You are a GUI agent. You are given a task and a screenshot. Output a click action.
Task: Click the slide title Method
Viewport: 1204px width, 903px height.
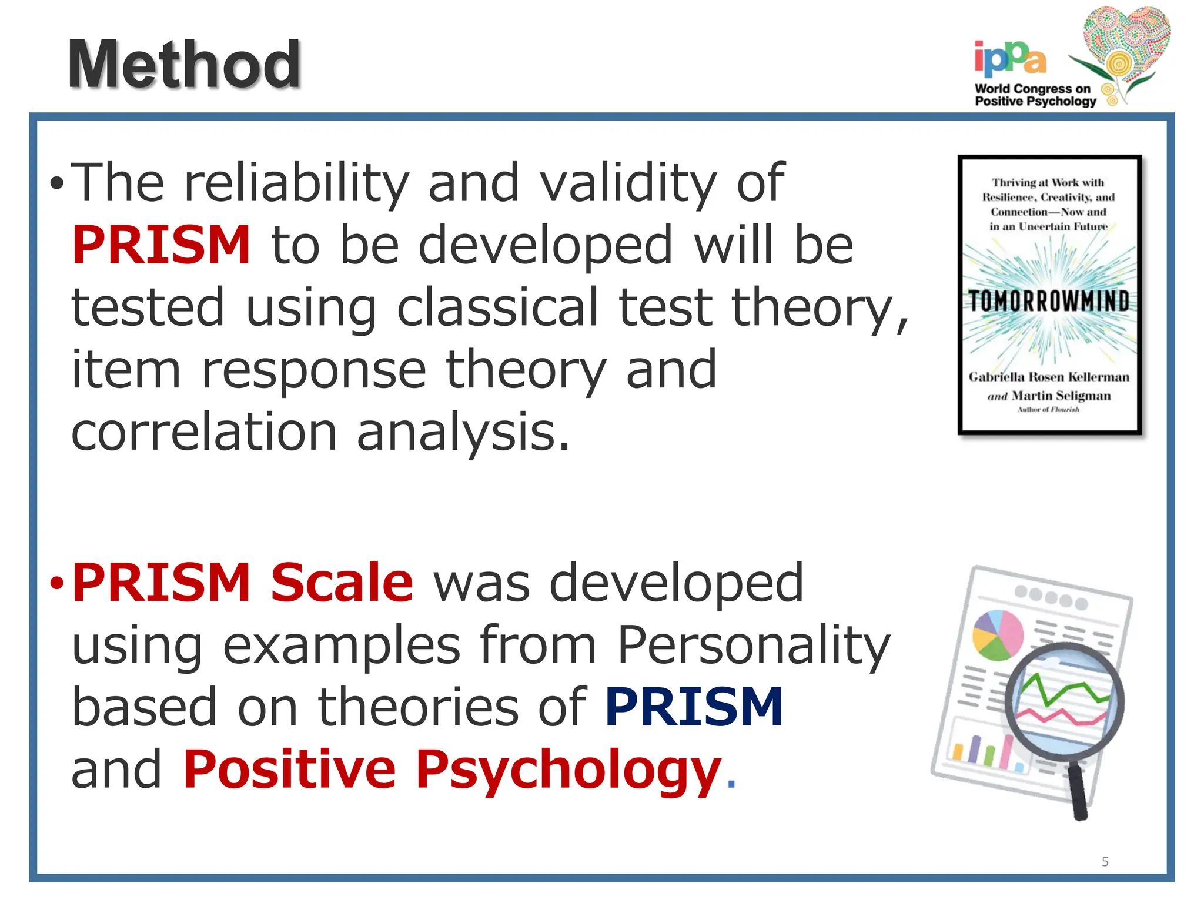coord(184,65)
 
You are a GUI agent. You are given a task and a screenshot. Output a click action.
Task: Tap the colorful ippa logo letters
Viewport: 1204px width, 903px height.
coord(1009,59)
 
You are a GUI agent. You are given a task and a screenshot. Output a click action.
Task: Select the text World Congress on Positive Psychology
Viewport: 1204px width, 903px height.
coord(1035,95)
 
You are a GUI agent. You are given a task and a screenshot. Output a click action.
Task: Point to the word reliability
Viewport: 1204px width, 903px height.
coord(296,183)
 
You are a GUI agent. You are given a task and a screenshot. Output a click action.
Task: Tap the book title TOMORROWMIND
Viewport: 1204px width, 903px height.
coord(1049,302)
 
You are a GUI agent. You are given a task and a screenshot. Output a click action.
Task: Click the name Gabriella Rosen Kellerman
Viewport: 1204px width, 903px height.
coord(1049,377)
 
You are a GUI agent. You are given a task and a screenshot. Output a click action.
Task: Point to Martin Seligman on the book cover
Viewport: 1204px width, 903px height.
coord(1061,396)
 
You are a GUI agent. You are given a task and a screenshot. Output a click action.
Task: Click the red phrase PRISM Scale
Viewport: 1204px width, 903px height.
coord(242,583)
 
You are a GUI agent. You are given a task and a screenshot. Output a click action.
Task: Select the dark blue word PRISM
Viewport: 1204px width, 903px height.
coord(694,707)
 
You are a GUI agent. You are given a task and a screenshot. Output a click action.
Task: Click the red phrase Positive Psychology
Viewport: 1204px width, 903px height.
coord(451,770)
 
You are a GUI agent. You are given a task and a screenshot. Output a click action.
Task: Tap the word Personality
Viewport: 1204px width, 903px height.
coord(754,646)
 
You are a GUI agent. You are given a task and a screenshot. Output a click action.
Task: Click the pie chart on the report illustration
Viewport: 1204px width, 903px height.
coord(998,635)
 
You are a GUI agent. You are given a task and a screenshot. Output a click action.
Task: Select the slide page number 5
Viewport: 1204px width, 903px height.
coord(1105,862)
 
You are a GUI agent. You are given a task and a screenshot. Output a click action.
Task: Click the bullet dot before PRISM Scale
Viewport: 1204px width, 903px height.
coord(56,584)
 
